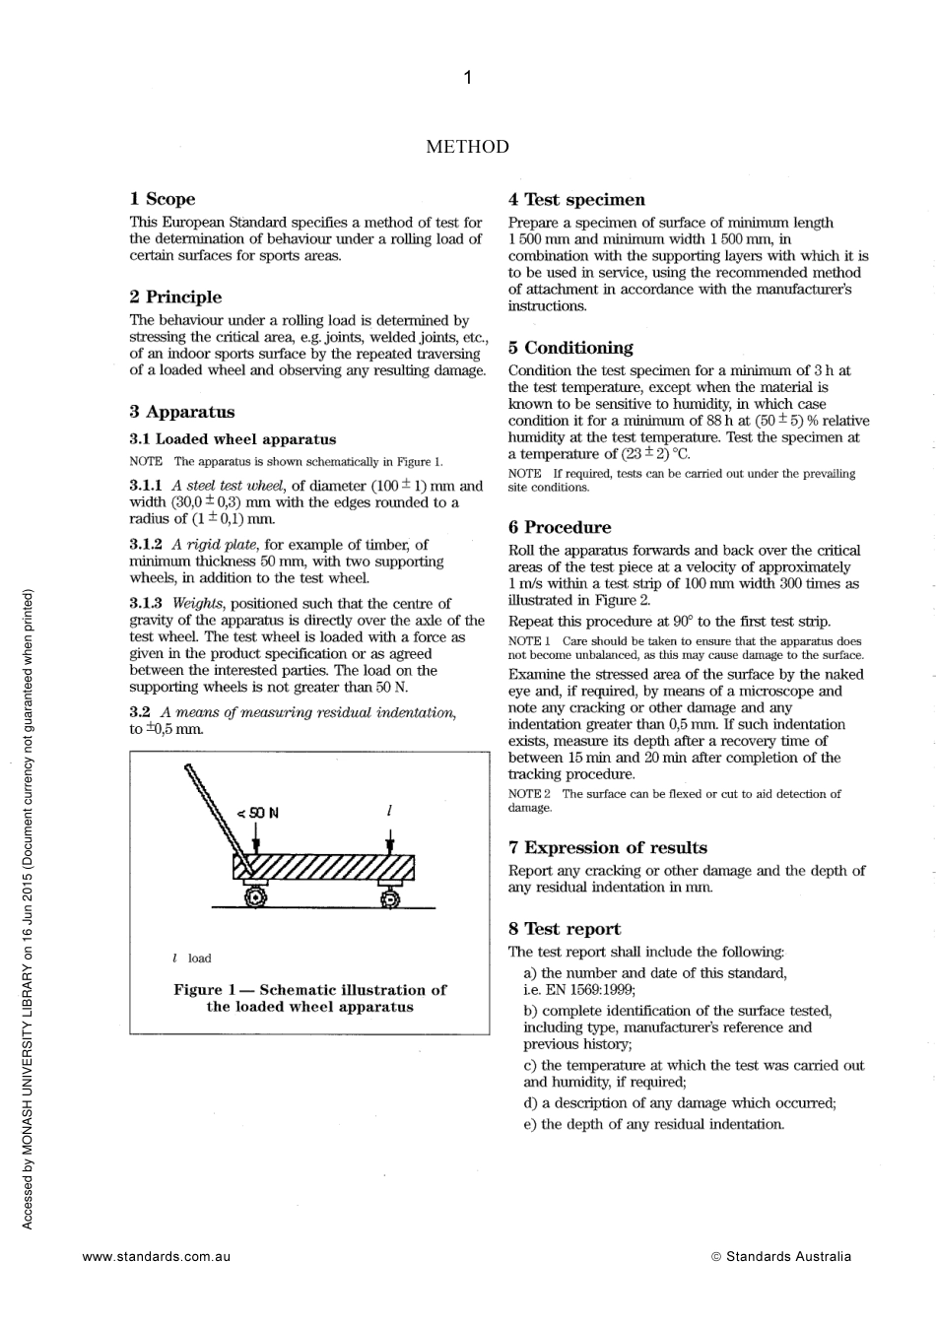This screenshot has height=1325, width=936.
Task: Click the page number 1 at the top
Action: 467,78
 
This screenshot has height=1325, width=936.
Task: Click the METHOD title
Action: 467,147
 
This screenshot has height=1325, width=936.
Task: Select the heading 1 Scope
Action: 163,199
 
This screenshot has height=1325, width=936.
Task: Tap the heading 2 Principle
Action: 175,297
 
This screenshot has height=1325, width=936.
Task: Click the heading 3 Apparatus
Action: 181,412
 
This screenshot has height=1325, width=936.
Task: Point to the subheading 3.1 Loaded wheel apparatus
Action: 233,439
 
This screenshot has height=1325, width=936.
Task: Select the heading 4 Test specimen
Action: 576,200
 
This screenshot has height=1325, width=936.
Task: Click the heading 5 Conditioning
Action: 570,348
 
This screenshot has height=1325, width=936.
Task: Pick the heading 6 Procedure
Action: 560,527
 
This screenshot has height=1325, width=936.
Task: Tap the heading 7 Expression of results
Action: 607,847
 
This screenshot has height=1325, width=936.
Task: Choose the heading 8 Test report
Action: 565,929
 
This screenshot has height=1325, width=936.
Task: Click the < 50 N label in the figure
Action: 257,813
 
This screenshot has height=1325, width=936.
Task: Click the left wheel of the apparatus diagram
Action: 255,896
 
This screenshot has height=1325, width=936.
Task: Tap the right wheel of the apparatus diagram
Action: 390,897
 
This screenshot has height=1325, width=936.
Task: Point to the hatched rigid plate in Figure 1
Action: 325,868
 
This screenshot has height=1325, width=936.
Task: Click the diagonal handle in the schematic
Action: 212,803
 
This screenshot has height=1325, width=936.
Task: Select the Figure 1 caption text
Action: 309,998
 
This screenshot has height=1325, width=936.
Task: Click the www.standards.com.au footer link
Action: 157,1256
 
